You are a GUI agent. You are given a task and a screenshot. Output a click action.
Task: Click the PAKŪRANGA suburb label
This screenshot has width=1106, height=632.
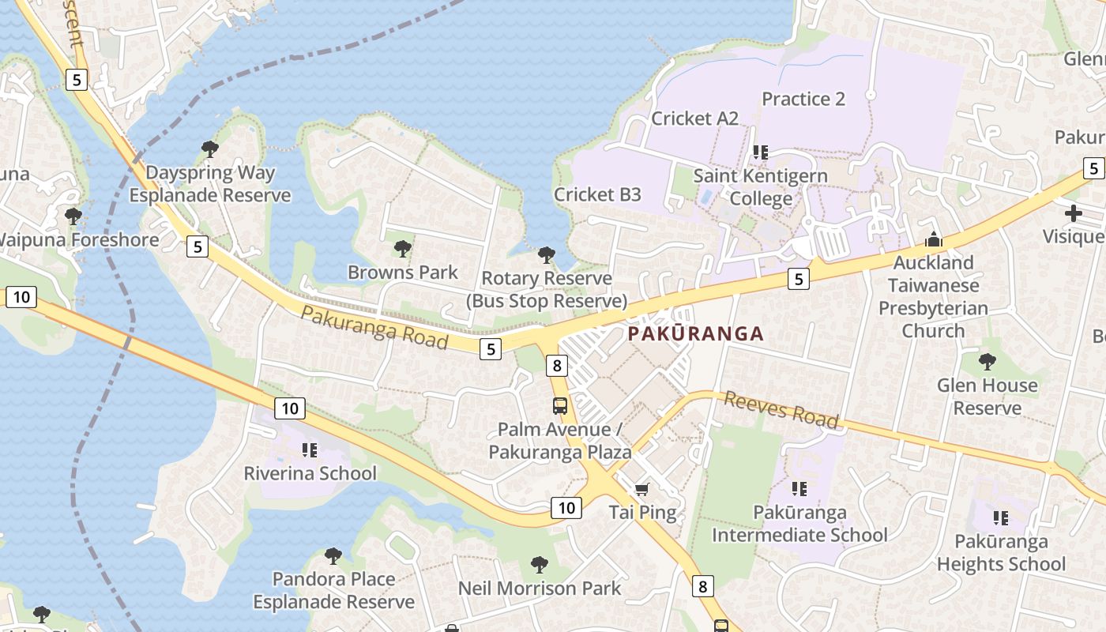pyautogui.click(x=696, y=333)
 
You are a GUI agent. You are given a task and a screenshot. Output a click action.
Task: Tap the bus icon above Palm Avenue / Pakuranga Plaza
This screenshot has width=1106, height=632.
pyautogui.click(x=559, y=406)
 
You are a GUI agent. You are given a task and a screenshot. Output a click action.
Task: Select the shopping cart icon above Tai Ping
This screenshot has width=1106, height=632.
pyautogui.click(x=642, y=489)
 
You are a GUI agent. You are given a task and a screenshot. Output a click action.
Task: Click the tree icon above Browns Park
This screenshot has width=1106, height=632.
pyautogui.click(x=403, y=249)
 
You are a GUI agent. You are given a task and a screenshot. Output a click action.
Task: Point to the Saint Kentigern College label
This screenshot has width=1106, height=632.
pyautogui.click(x=761, y=187)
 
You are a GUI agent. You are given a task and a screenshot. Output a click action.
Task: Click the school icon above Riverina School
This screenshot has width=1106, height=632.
pyautogui.click(x=310, y=450)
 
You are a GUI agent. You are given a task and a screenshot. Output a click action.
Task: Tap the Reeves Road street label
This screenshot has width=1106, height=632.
pyautogui.click(x=781, y=409)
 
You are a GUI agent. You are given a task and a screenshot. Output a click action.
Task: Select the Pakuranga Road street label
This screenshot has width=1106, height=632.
pyautogui.click(x=374, y=327)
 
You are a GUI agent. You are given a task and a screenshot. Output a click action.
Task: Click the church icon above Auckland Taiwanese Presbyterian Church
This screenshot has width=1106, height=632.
pyautogui.click(x=933, y=239)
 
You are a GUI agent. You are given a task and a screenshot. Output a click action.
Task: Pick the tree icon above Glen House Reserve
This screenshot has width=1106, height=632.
pyautogui.click(x=987, y=362)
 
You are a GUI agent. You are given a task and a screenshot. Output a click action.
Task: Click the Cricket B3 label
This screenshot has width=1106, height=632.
pyautogui.click(x=597, y=194)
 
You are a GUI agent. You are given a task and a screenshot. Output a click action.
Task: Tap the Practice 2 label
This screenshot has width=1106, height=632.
pyautogui.click(x=803, y=99)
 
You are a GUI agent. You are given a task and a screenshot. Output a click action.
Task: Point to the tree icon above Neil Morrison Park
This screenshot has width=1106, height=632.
pyautogui.click(x=540, y=564)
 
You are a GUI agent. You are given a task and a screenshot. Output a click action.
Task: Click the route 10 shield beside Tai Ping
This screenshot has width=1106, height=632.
pyautogui.click(x=566, y=508)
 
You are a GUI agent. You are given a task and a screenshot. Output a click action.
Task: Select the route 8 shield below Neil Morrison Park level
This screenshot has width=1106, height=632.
pyautogui.click(x=702, y=586)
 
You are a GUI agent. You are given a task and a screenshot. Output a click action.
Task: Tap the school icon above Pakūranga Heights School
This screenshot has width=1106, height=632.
pyautogui.click(x=1001, y=518)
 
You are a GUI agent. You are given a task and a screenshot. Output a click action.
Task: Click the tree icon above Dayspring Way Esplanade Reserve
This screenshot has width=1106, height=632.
pyautogui.click(x=210, y=149)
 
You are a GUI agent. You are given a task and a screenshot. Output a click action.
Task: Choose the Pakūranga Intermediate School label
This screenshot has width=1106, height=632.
pyautogui.click(x=799, y=524)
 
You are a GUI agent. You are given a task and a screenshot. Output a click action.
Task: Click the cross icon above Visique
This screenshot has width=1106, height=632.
pyautogui.click(x=1073, y=213)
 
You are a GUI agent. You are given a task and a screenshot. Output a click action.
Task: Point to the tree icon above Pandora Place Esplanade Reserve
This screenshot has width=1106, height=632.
pyautogui.click(x=333, y=555)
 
